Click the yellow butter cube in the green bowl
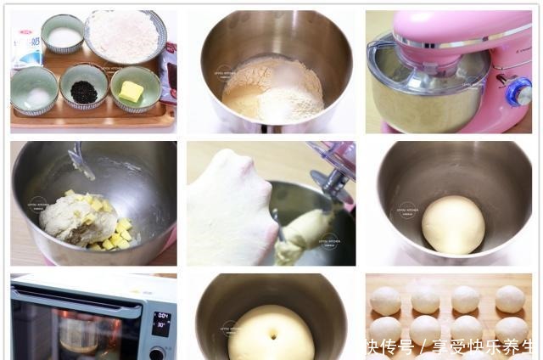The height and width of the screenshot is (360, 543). pos(131,91)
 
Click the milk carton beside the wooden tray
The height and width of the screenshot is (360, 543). pos(25,46)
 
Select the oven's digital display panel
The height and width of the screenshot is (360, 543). pos(160,323)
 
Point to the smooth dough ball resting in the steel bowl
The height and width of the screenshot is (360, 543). pos(453,225)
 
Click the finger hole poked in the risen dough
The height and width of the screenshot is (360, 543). pos(271,336)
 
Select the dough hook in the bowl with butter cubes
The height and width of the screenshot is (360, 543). pos(81,160)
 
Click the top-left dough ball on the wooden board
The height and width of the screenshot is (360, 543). pos(386,300)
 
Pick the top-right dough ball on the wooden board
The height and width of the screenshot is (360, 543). pos(510,298)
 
